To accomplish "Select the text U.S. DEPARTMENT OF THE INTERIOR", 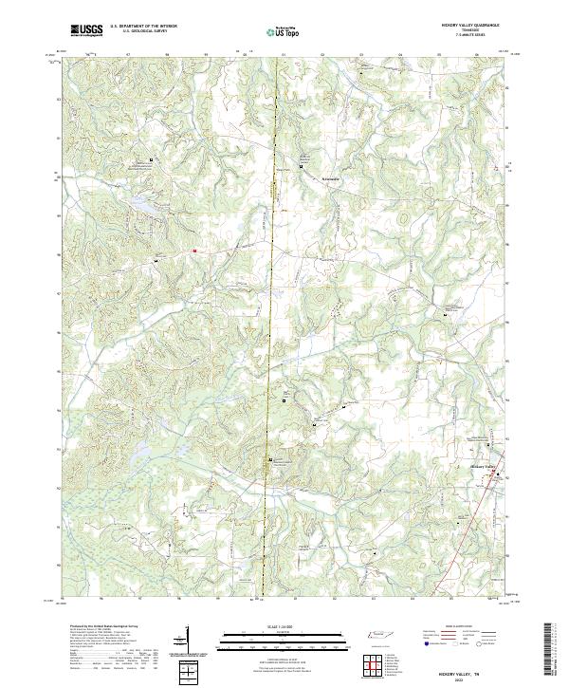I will coord(143,26).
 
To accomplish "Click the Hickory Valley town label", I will coord(484,467).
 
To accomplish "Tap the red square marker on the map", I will coord(194,251).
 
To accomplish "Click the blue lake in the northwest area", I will coord(142,203).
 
